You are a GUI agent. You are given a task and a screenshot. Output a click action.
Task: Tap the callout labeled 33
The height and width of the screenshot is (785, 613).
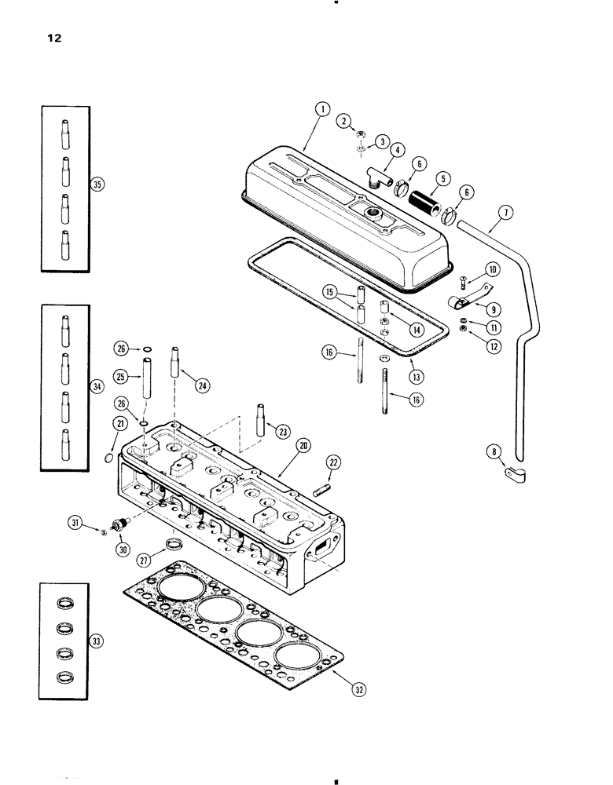pos(97,642)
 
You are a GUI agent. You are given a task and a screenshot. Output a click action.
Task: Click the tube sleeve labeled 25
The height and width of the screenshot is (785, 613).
pos(146,379)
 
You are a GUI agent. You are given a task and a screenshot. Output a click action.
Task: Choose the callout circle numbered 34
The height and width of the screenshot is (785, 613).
pos(97,385)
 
